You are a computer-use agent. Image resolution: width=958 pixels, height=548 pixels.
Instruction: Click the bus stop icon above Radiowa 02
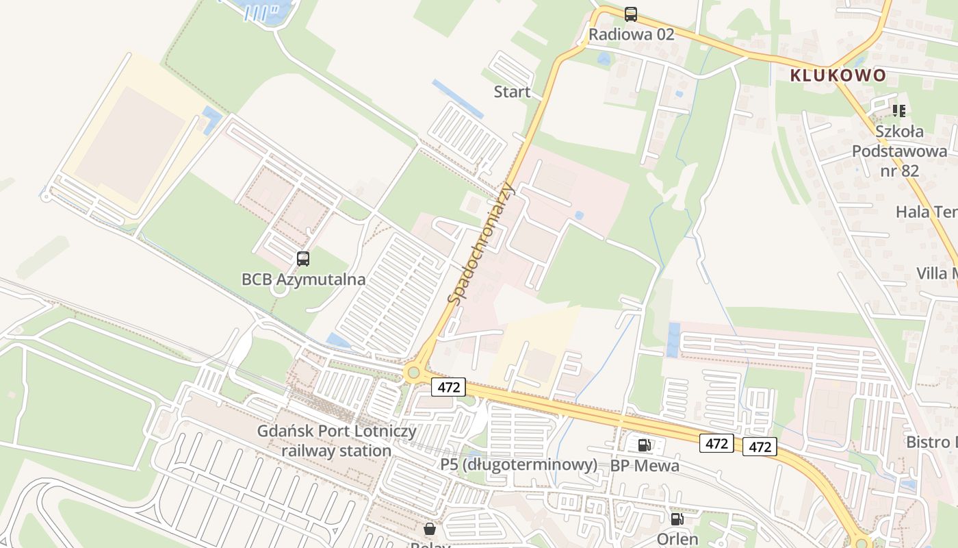(x=631, y=14)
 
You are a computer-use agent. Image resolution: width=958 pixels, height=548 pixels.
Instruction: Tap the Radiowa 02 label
(x=631, y=34)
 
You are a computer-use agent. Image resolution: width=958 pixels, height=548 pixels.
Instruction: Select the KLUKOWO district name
(x=838, y=75)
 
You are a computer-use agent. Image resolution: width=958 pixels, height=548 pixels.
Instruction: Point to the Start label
(x=512, y=92)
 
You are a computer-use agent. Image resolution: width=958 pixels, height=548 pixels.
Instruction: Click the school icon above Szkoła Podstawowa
(x=899, y=110)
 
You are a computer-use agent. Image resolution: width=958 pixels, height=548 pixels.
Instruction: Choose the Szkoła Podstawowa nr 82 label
(x=899, y=151)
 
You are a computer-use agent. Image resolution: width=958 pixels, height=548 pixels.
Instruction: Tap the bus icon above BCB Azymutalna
(x=303, y=259)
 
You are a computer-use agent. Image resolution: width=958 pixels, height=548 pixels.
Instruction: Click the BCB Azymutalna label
(x=303, y=279)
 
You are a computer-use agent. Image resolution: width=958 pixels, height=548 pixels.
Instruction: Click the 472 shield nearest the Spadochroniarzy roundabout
(x=448, y=387)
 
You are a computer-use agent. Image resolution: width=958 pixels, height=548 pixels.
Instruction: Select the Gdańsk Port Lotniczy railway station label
(x=336, y=440)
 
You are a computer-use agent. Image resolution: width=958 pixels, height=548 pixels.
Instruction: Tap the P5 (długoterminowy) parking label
(x=519, y=464)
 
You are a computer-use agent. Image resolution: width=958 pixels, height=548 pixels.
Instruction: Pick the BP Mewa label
(x=645, y=466)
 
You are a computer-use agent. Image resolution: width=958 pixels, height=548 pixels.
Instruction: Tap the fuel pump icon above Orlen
(x=677, y=519)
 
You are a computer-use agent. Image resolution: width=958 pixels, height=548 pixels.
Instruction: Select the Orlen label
(x=677, y=538)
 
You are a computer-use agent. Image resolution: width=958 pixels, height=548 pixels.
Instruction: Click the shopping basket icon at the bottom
(x=430, y=529)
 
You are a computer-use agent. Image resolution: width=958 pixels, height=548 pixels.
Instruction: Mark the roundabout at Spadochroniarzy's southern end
(x=412, y=373)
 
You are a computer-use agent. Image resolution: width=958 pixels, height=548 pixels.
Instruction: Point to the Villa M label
(x=936, y=274)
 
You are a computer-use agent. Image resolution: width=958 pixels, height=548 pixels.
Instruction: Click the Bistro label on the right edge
(x=931, y=442)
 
